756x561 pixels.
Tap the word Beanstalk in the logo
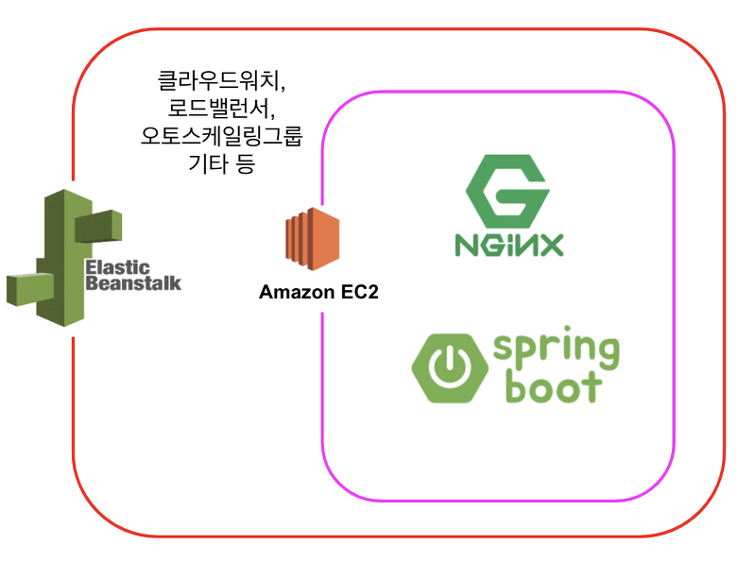point(132,282)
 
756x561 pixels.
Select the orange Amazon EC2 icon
point(312,242)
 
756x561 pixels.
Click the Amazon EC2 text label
point(318,293)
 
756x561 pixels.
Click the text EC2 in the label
point(359,293)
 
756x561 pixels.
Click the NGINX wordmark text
point(508,246)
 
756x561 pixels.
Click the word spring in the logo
point(556,352)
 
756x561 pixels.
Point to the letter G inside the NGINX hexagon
point(508,192)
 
